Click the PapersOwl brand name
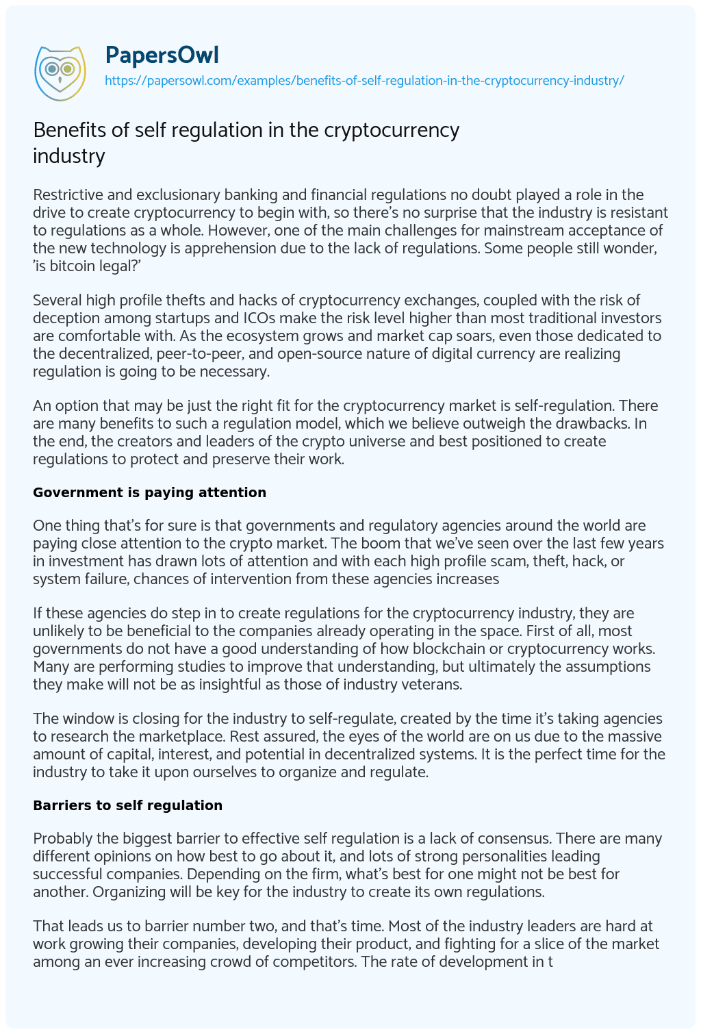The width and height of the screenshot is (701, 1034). click(162, 55)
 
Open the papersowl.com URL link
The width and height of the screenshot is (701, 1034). click(364, 81)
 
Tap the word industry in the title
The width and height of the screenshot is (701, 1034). click(68, 156)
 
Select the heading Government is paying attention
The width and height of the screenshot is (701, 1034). click(149, 492)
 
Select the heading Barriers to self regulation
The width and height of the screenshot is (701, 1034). click(127, 805)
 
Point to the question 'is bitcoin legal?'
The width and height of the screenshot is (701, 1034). click(85, 266)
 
